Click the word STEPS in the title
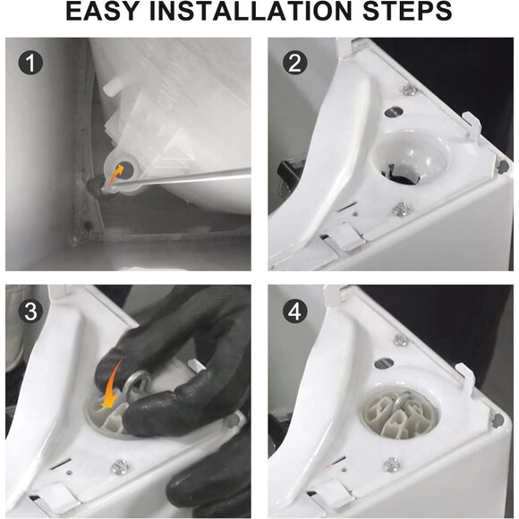407,12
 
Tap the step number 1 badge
30,63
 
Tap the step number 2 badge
295,63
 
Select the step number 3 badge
30,311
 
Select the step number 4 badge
295,311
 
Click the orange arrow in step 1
115,174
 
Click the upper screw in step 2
410,89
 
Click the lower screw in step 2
402,208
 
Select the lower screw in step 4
392,464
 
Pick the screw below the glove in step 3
119,467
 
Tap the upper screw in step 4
401,339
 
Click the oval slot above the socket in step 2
392,112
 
